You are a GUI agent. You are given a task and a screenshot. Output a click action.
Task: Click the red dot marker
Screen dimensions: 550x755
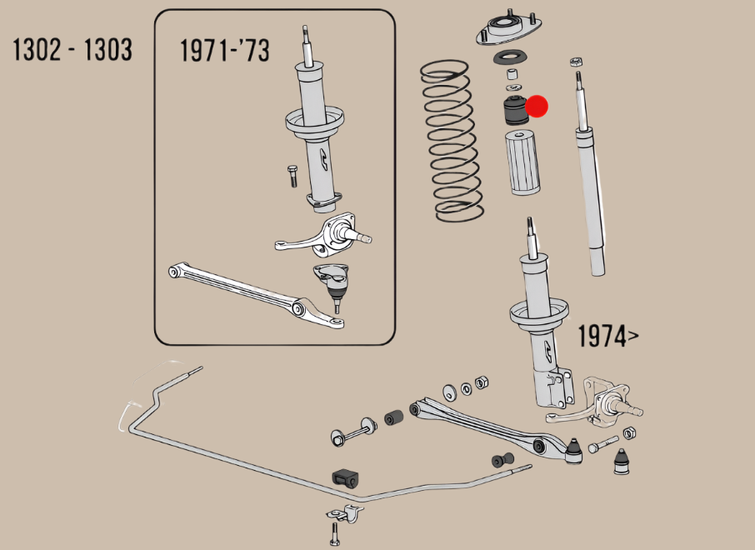tap(537, 106)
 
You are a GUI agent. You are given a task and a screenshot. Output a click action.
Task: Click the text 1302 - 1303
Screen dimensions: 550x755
tap(72, 50)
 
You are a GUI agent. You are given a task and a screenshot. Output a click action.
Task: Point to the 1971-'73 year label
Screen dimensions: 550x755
tap(225, 51)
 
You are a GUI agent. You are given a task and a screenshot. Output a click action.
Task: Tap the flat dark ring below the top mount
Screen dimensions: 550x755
tap(510, 57)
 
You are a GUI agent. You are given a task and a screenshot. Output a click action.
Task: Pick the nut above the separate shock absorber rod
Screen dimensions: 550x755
tap(574, 62)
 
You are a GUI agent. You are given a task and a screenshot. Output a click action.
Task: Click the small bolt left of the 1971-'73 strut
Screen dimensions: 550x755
tap(292, 177)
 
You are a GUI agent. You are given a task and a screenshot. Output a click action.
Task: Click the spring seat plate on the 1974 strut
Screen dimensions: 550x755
tap(539, 316)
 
